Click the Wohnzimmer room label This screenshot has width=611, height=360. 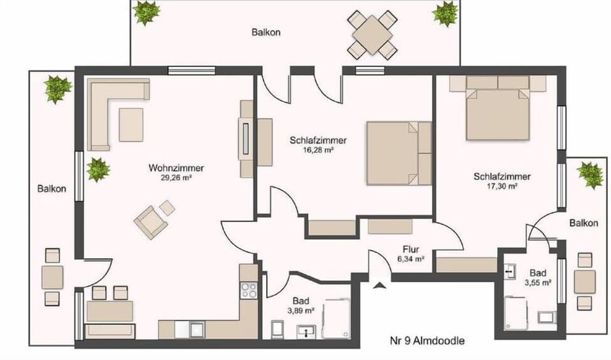tap(176, 169)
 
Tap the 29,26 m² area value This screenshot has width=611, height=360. tap(176, 179)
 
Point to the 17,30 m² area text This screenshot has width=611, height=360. tap(502, 187)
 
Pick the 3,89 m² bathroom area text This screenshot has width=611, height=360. tap(301, 311)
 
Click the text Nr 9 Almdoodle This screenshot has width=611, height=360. tap(426, 341)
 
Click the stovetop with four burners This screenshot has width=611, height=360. tap(249, 291)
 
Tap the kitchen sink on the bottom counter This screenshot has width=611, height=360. tap(197, 329)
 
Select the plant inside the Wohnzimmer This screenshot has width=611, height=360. tap(98, 170)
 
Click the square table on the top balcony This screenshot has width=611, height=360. tap(373, 34)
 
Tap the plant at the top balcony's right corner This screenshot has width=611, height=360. tap(445, 13)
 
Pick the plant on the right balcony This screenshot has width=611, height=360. tap(590, 174)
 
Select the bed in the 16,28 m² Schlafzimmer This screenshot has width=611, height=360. tap(398, 153)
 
